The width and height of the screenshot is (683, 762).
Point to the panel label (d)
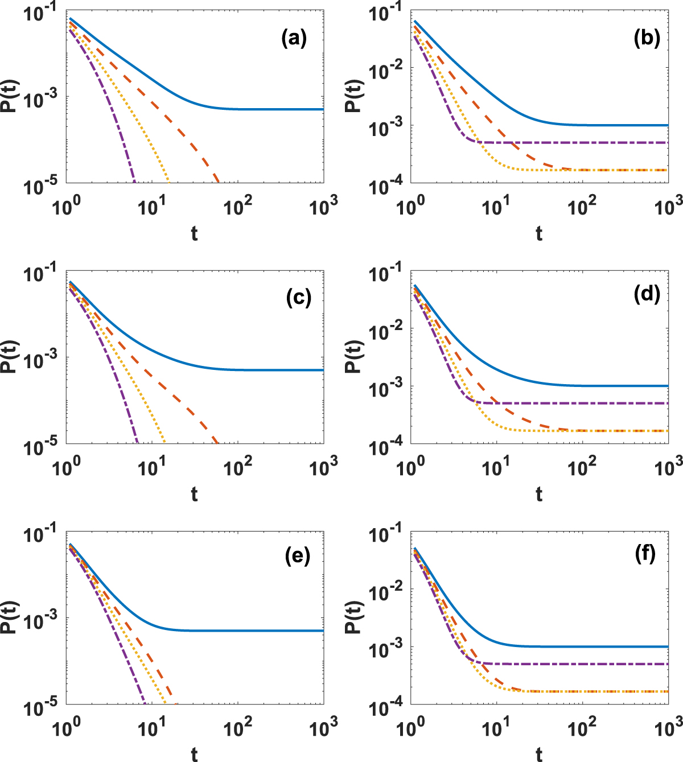646,294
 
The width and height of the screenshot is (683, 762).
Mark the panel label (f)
644,553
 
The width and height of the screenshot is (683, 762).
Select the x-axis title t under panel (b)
538,234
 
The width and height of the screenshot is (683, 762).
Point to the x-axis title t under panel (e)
194,755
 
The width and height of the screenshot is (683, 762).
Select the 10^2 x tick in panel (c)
237,469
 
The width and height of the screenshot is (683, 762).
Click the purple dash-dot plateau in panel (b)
569,142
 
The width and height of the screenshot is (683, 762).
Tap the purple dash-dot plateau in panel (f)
569,664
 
